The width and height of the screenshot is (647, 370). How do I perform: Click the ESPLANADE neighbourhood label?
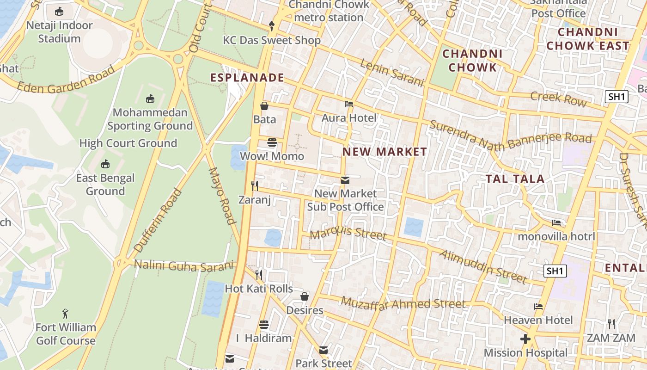coord(247,78)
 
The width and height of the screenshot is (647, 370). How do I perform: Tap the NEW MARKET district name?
coord(385,152)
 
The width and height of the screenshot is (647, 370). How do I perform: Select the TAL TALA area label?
coord(515,179)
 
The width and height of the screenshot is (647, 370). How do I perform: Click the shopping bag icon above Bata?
coord(264,106)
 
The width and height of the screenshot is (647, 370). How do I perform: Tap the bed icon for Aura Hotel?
coord(349,104)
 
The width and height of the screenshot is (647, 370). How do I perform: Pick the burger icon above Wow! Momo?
coord(272,142)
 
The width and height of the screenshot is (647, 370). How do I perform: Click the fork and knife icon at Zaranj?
coord(255,186)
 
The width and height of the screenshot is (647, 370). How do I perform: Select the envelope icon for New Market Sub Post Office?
coord(345,180)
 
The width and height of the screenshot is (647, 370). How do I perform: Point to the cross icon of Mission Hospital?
coord(525,339)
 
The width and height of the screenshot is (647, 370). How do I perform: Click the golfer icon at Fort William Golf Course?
coord(66,314)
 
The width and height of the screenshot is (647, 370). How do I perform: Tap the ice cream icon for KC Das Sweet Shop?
coord(272,26)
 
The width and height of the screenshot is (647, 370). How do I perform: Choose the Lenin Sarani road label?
coord(391,73)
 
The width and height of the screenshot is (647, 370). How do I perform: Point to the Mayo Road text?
coord(223,196)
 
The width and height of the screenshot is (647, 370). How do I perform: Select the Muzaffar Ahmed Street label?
coord(403,304)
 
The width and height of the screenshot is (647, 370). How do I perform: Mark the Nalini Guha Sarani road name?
coord(183,266)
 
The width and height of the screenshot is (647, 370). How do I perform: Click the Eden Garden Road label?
coord(66,80)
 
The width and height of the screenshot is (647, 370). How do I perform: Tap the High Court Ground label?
coord(128,143)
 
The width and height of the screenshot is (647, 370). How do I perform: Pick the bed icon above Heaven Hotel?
coord(538,307)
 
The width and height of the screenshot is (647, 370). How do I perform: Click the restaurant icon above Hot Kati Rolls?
coord(259,275)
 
